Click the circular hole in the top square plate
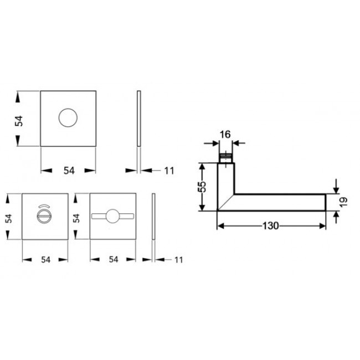click(x=69, y=118)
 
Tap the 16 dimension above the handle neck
click(x=224, y=134)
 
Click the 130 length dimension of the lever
click(x=271, y=225)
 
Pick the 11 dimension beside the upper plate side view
click(x=169, y=171)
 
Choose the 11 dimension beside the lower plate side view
click(x=178, y=259)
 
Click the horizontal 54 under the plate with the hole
click(x=69, y=171)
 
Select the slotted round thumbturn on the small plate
click(x=43, y=217)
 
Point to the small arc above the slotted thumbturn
click(x=43, y=205)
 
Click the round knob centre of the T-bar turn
click(x=113, y=217)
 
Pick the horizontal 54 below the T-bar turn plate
click(x=113, y=259)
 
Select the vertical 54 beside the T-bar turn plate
click(x=78, y=217)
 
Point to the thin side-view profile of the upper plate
click(x=139, y=118)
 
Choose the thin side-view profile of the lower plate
click(x=154, y=217)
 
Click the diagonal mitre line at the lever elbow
click(x=225, y=202)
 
